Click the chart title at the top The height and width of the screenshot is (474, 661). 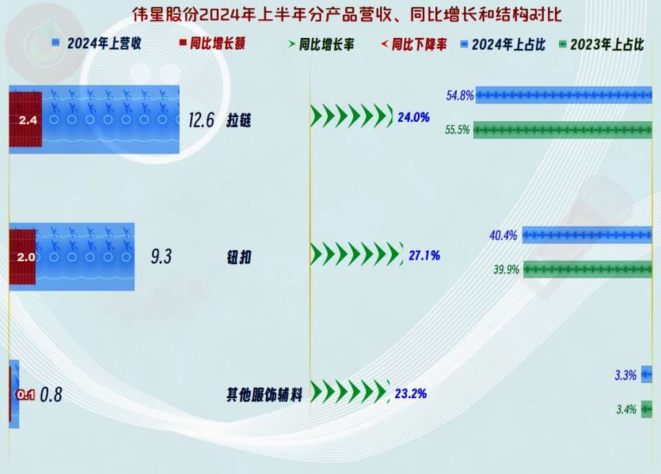click(347, 14)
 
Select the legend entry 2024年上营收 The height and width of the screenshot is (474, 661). click(96, 43)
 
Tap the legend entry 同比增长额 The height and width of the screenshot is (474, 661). click(212, 43)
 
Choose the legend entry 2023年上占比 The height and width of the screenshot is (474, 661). click(601, 44)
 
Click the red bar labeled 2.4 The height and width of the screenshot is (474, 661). click(25, 119)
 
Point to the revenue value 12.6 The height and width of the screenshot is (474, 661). click(201, 120)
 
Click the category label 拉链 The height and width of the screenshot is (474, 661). click(239, 121)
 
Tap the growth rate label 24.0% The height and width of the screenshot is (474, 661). click(414, 117)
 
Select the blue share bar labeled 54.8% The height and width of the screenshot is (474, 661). click(564, 95)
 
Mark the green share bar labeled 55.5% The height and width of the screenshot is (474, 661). click(563, 130)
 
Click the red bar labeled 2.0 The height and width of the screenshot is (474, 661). click(22, 257)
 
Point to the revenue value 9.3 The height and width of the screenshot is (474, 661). click(161, 256)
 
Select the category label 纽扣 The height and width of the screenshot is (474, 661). click(239, 257)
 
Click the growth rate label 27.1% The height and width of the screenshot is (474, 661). click(425, 256)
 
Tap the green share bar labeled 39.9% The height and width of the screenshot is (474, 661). click(587, 269)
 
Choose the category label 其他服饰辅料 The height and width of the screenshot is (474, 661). click(264, 395)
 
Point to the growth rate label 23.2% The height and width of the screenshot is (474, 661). click(410, 394)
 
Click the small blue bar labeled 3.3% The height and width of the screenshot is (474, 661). click(647, 375)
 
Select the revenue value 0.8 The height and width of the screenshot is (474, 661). click(51, 395)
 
